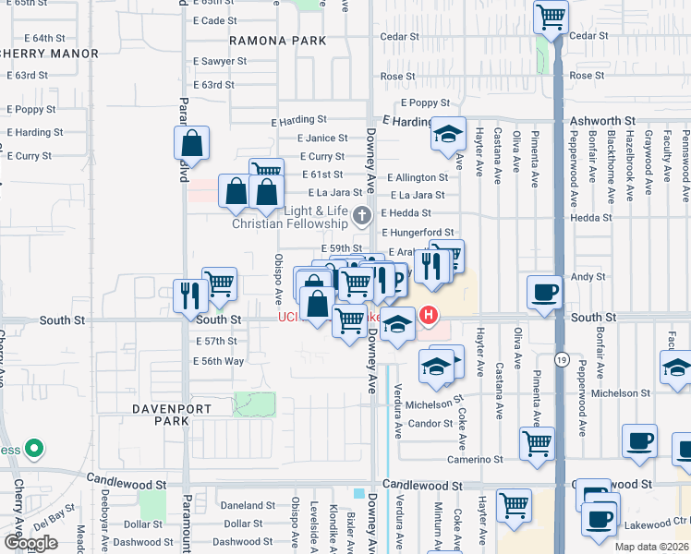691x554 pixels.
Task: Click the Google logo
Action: point(30,543)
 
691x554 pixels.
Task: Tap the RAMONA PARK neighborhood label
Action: point(278,41)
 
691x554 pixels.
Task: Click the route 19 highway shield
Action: point(561,357)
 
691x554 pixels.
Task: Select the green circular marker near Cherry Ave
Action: point(34,450)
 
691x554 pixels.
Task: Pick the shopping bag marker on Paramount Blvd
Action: point(191,143)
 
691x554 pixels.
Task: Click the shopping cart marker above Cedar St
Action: point(551,16)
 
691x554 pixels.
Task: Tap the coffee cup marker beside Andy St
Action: point(543,292)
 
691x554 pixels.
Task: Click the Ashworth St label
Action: point(603,121)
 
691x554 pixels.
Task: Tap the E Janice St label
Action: point(321,138)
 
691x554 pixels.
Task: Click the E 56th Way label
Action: point(220,361)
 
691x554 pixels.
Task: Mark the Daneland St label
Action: point(244,506)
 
